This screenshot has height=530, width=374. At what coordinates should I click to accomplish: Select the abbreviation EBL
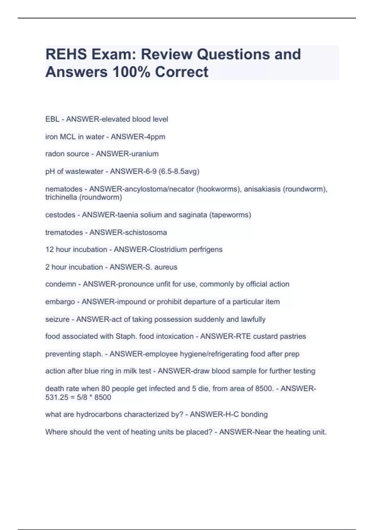[52, 119]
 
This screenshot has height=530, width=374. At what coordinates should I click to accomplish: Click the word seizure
[57, 319]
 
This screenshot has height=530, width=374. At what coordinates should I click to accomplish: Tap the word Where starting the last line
[55, 432]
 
